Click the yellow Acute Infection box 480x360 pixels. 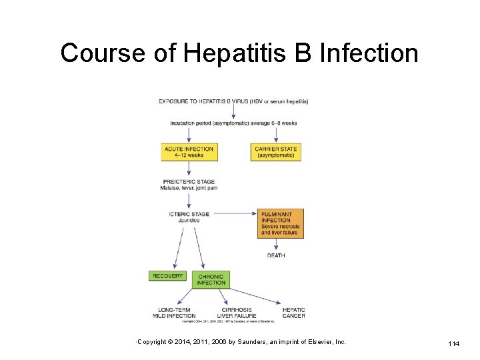tap(189, 152)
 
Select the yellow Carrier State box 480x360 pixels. tap(276, 152)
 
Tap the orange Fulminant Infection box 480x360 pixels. tap(280, 224)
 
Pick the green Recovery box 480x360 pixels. tap(167, 276)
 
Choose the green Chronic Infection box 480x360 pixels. tap(211, 279)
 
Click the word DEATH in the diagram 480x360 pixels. tap(276, 255)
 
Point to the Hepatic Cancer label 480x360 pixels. tap(293, 313)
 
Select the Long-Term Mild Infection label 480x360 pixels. tap(175, 313)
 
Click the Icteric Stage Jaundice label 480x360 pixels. tap(189, 217)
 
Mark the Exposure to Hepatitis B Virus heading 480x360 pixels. tap(233, 101)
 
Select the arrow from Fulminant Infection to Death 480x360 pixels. tap(276, 245)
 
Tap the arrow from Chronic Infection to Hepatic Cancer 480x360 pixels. tap(258, 295)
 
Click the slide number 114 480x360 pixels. tap(453, 343)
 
